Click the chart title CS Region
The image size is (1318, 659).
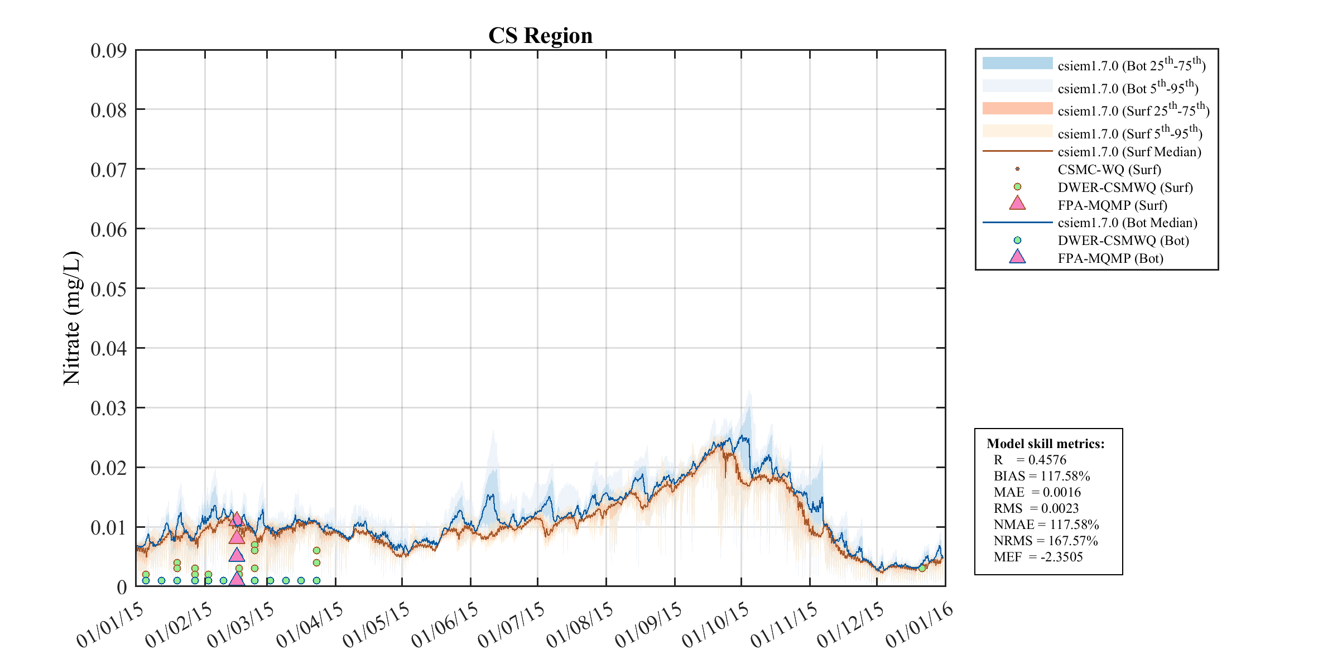point(540,36)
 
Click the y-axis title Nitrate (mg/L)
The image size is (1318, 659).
point(72,318)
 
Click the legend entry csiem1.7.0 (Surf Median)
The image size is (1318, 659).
point(1129,152)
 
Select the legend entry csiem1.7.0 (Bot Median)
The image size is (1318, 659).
point(1127,223)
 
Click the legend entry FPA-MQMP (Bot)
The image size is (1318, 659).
point(1110,258)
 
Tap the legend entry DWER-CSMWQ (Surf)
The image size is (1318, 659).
point(1125,187)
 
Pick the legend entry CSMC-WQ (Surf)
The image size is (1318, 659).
point(1109,170)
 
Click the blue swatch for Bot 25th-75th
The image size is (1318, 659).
point(1017,64)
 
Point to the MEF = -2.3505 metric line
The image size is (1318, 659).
point(1038,557)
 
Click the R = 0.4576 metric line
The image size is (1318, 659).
point(1030,460)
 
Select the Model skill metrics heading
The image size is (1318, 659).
point(1045,444)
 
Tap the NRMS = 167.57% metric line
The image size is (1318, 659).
point(1045,541)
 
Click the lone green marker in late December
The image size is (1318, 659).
point(922,568)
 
